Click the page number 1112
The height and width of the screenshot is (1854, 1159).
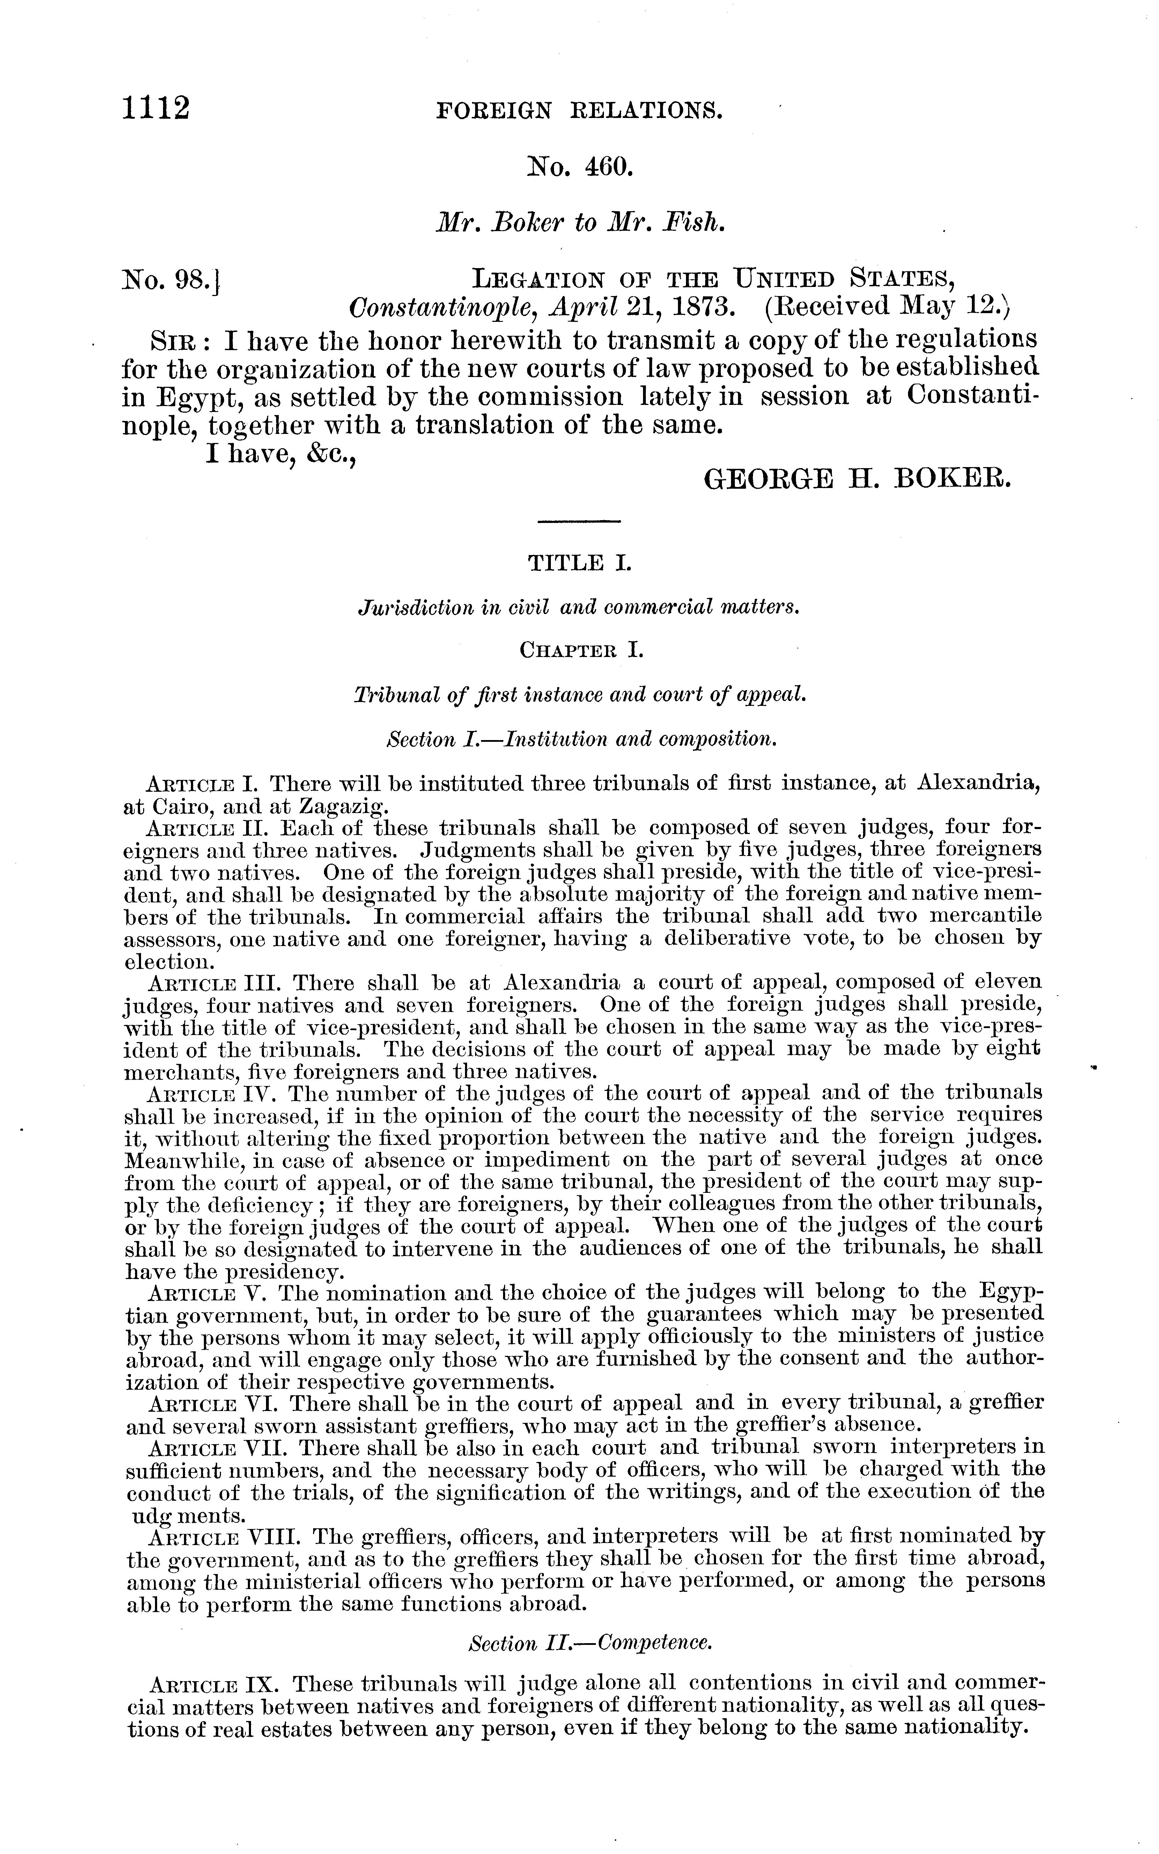(x=156, y=109)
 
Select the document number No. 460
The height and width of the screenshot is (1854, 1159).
(x=579, y=166)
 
